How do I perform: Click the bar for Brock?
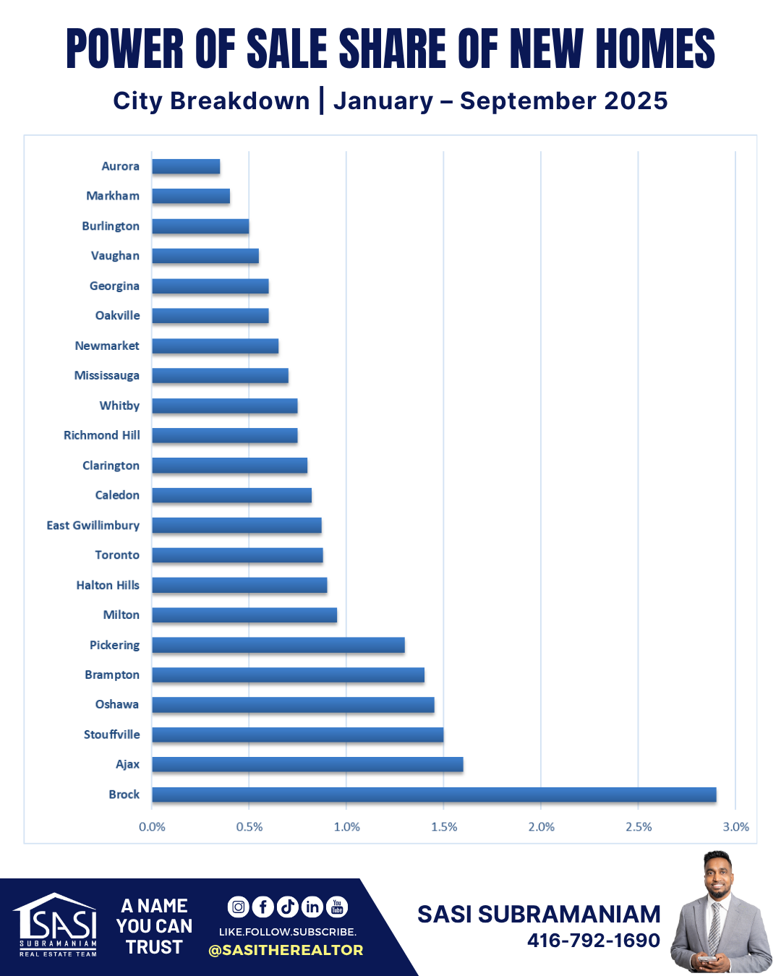click(x=434, y=795)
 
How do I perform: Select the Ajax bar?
click(x=307, y=764)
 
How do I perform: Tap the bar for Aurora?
click(x=186, y=166)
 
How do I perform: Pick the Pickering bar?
click(x=278, y=645)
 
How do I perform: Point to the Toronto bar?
click(x=237, y=555)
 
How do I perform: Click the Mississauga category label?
click(x=107, y=375)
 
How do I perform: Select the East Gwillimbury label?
click(x=93, y=526)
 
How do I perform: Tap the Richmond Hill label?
click(x=102, y=435)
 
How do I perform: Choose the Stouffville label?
click(x=112, y=735)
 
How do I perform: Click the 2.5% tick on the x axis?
click(x=639, y=827)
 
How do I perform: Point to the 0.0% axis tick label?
click(x=152, y=827)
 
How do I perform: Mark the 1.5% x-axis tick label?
click(x=444, y=827)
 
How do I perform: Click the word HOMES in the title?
click(x=655, y=49)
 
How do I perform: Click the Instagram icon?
click(x=239, y=907)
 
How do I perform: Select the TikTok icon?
click(x=287, y=907)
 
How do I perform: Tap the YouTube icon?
click(x=337, y=907)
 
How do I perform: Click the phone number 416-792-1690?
click(x=593, y=941)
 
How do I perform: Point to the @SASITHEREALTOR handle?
click(x=286, y=950)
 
